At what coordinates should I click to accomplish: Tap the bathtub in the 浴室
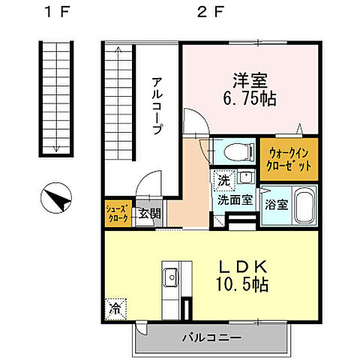coord(304,204)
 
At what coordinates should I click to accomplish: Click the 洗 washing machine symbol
coord(223,181)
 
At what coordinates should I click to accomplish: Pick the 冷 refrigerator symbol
coord(115,307)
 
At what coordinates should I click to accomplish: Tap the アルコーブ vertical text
coord(157,105)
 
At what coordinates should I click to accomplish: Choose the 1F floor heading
coord(55,13)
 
